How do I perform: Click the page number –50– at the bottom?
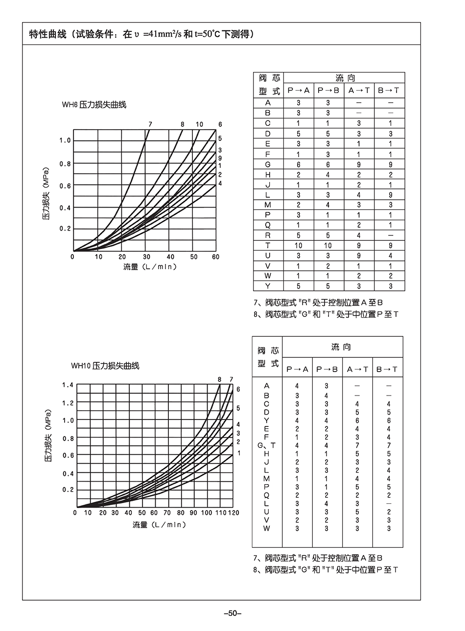click(232, 613)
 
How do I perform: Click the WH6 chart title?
click(93, 105)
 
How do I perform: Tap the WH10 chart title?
click(105, 366)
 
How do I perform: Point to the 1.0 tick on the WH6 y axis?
click(65, 140)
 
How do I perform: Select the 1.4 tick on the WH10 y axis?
click(68, 385)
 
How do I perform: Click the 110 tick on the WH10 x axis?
click(220, 513)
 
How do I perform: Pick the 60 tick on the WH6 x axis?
click(216, 257)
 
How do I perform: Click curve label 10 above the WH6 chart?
click(199, 124)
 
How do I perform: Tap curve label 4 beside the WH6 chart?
click(220, 183)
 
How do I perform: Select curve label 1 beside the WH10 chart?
click(238, 453)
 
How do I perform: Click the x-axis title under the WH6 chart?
click(150, 267)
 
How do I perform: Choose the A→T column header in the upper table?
click(358, 90)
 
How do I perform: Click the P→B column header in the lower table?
click(327, 369)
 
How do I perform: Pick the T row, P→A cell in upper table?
click(298, 245)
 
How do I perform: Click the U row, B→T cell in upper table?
click(390, 256)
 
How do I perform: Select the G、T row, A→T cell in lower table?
click(357, 445)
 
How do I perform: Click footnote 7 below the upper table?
click(322, 302)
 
